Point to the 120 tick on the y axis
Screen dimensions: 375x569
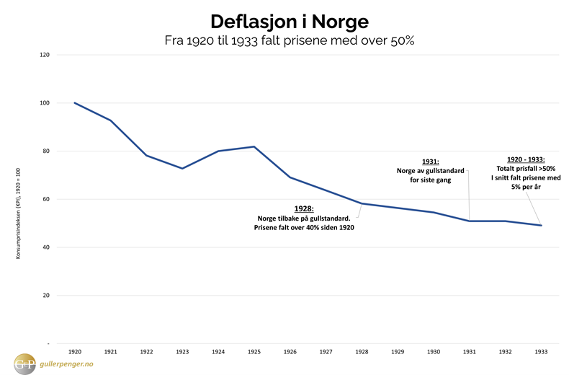45,55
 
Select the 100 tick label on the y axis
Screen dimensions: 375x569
45,103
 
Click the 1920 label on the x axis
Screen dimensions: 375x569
75,352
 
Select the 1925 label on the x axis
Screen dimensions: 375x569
254,352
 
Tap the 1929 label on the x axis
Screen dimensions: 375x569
397,352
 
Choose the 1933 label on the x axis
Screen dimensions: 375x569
540,352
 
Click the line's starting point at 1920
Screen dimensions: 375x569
75,103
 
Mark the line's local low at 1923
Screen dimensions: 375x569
182,168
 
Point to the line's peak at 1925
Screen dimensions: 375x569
254,147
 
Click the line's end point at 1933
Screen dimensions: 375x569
540,226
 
